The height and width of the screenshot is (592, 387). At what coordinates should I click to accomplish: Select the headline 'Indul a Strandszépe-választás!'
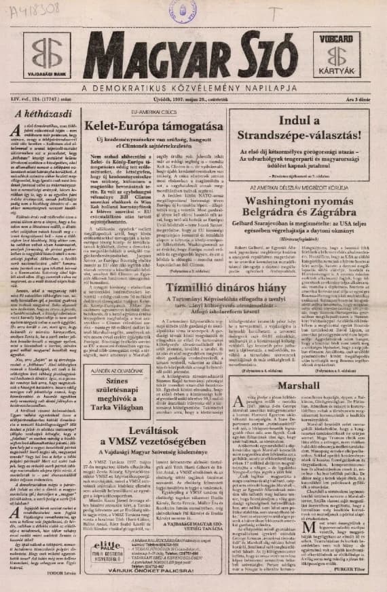click(302, 130)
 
